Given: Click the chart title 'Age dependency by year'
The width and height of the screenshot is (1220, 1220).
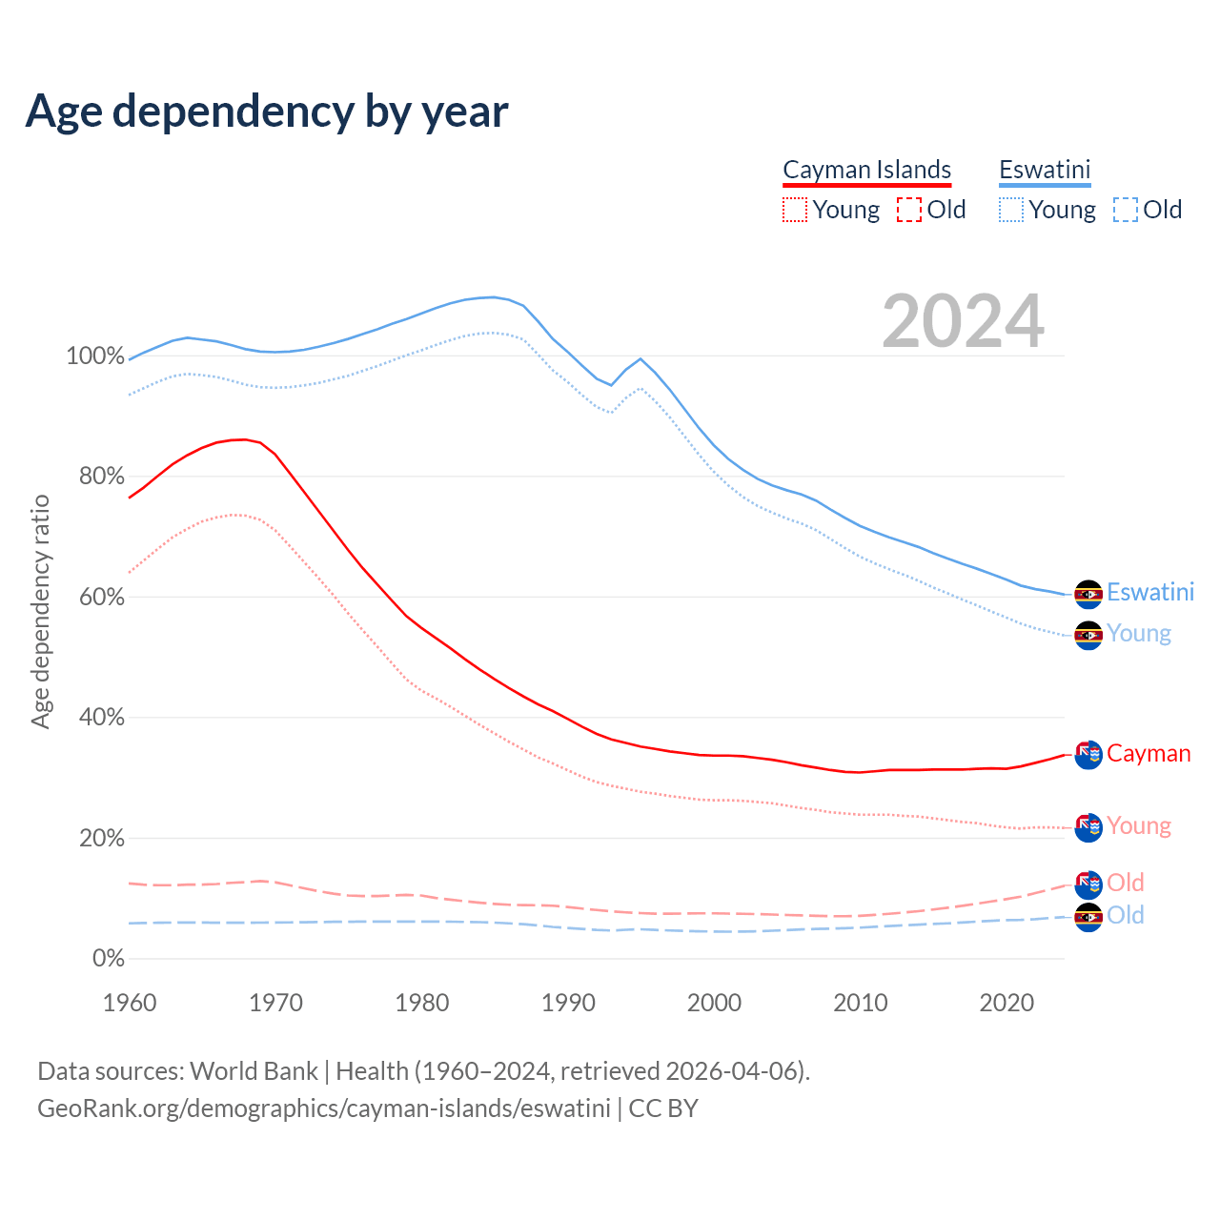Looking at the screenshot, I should click(x=267, y=111).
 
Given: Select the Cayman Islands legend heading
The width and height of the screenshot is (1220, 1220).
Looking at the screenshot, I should click(x=866, y=170).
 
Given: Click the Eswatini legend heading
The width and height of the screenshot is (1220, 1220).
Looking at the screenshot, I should click(x=1045, y=170).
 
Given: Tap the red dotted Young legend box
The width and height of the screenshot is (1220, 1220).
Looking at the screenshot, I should click(x=795, y=210).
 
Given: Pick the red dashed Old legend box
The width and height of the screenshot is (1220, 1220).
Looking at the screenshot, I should click(x=909, y=210).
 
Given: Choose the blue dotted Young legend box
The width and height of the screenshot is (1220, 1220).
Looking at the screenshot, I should click(x=1011, y=210).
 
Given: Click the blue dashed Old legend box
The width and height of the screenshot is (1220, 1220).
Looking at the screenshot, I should click(x=1126, y=210).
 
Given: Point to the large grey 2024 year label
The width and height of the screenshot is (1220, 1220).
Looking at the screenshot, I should click(x=963, y=321).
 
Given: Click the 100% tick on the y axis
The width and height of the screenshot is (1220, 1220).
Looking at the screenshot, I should click(x=95, y=356).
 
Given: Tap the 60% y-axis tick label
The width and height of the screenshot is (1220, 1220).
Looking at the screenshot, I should click(x=101, y=598).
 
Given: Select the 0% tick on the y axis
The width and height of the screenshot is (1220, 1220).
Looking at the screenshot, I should click(x=108, y=959).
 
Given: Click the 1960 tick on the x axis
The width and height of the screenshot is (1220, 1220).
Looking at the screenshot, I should click(x=130, y=1003).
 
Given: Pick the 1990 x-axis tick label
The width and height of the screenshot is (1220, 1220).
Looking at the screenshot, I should click(x=568, y=1003).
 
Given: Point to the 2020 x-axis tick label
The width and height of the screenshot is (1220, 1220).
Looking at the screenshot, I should click(x=1006, y=1003).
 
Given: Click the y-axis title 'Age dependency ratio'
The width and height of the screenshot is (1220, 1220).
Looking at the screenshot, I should click(x=40, y=611).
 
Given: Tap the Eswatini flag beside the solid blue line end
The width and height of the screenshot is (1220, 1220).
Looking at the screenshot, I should click(x=1088, y=594).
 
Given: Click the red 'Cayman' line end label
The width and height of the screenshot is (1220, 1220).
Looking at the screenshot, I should click(x=1149, y=754).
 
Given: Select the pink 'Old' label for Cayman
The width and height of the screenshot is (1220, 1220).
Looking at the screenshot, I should click(x=1126, y=883).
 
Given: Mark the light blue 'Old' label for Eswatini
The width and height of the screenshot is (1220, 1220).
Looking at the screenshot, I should click(x=1126, y=915).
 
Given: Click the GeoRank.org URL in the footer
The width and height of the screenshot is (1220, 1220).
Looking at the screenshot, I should click(x=324, y=1108).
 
